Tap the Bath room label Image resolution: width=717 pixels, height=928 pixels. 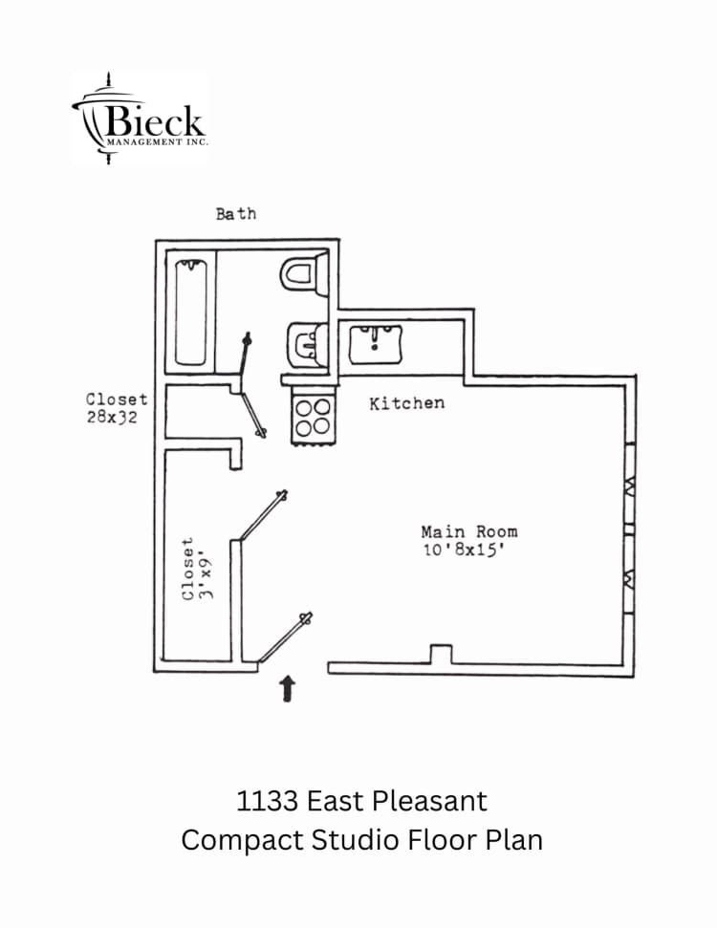pyautogui.click(x=235, y=214)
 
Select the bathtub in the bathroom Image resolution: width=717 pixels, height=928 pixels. pyautogui.click(x=191, y=312)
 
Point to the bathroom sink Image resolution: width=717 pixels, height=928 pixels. pyautogui.click(x=308, y=343)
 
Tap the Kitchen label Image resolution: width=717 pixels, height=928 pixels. pyautogui.click(x=406, y=403)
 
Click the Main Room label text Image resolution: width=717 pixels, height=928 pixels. pyautogui.click(x=468, y=531)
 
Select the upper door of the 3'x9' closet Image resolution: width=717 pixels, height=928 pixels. pyautogui.click(x=261, y=517)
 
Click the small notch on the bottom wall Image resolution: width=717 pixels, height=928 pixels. pyautogui.click(x=440, y=655)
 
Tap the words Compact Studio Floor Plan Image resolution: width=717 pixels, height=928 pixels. pyautogui.click(x=361, y=840)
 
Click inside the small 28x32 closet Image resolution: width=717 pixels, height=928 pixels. pyautogui.click(x=196, y=412)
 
